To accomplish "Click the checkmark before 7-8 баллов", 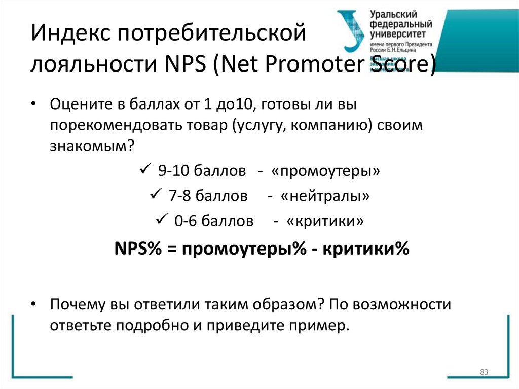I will tap(155, 194).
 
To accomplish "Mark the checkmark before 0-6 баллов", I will tap(162, 219).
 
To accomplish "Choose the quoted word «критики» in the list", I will tap(325, 221).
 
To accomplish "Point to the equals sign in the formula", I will tap(170, 250).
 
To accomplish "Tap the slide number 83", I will tap(484, 373).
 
